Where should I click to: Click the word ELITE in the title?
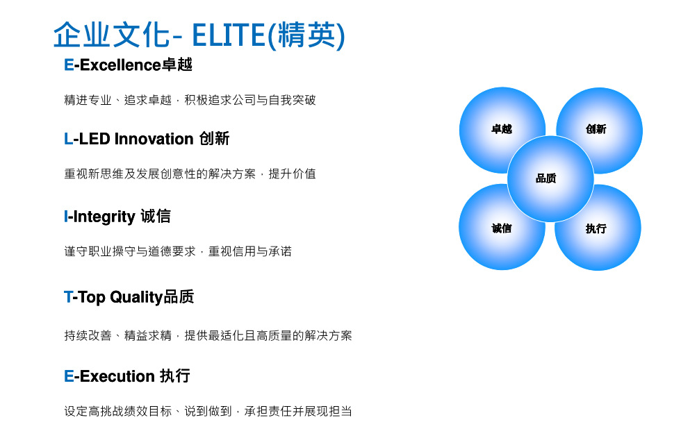coord(229,35)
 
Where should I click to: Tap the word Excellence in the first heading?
coord(120,65)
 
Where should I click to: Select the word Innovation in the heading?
coord(154,139)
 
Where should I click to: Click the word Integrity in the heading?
coord(104,217)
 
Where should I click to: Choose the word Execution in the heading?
coord(117,376)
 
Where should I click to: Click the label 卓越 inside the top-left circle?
coord(502,129)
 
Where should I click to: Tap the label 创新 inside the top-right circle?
coord(596,129)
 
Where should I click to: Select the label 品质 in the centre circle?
coord(546,178)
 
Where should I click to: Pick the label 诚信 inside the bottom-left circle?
coord(502,228)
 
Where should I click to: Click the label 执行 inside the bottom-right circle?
coord(596,228)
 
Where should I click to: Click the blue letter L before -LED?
coord(68,139)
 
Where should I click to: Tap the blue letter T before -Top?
coord(68,297)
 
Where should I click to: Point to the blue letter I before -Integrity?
coord(66,217)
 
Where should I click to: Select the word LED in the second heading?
coord(95,139)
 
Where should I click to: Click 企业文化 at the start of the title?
coord(112,35)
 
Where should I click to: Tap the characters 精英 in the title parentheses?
coord(306,35)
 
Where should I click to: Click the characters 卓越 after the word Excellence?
coord(177,65)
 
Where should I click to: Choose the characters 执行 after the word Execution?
coord(175,376)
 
